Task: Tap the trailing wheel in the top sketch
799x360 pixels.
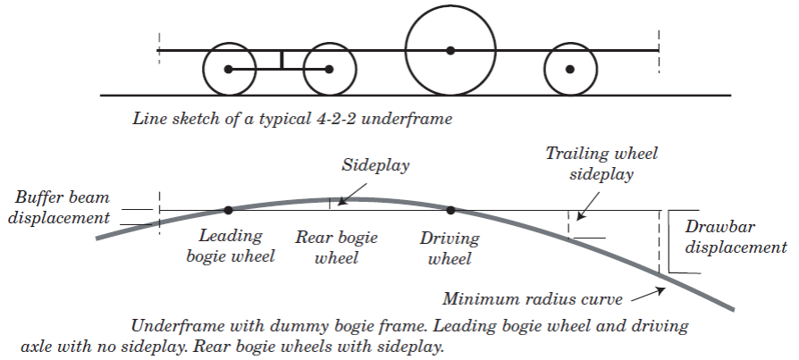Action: (x=570, y=69)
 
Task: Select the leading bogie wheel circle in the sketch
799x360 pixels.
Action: (x=229, y=70)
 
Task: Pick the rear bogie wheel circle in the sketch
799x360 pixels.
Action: (x=330, y=70)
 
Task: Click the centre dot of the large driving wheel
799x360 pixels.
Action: (x=450, y=50)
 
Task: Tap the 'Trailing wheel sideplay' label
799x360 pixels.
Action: (x=601, y=163)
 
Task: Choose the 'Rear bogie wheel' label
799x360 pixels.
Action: (x=337, y=247)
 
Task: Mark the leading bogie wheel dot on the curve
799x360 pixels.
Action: (x=229, y=210)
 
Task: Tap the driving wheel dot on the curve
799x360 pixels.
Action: (x=450, y=210)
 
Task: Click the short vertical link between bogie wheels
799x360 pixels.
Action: (x=281, y=61)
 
